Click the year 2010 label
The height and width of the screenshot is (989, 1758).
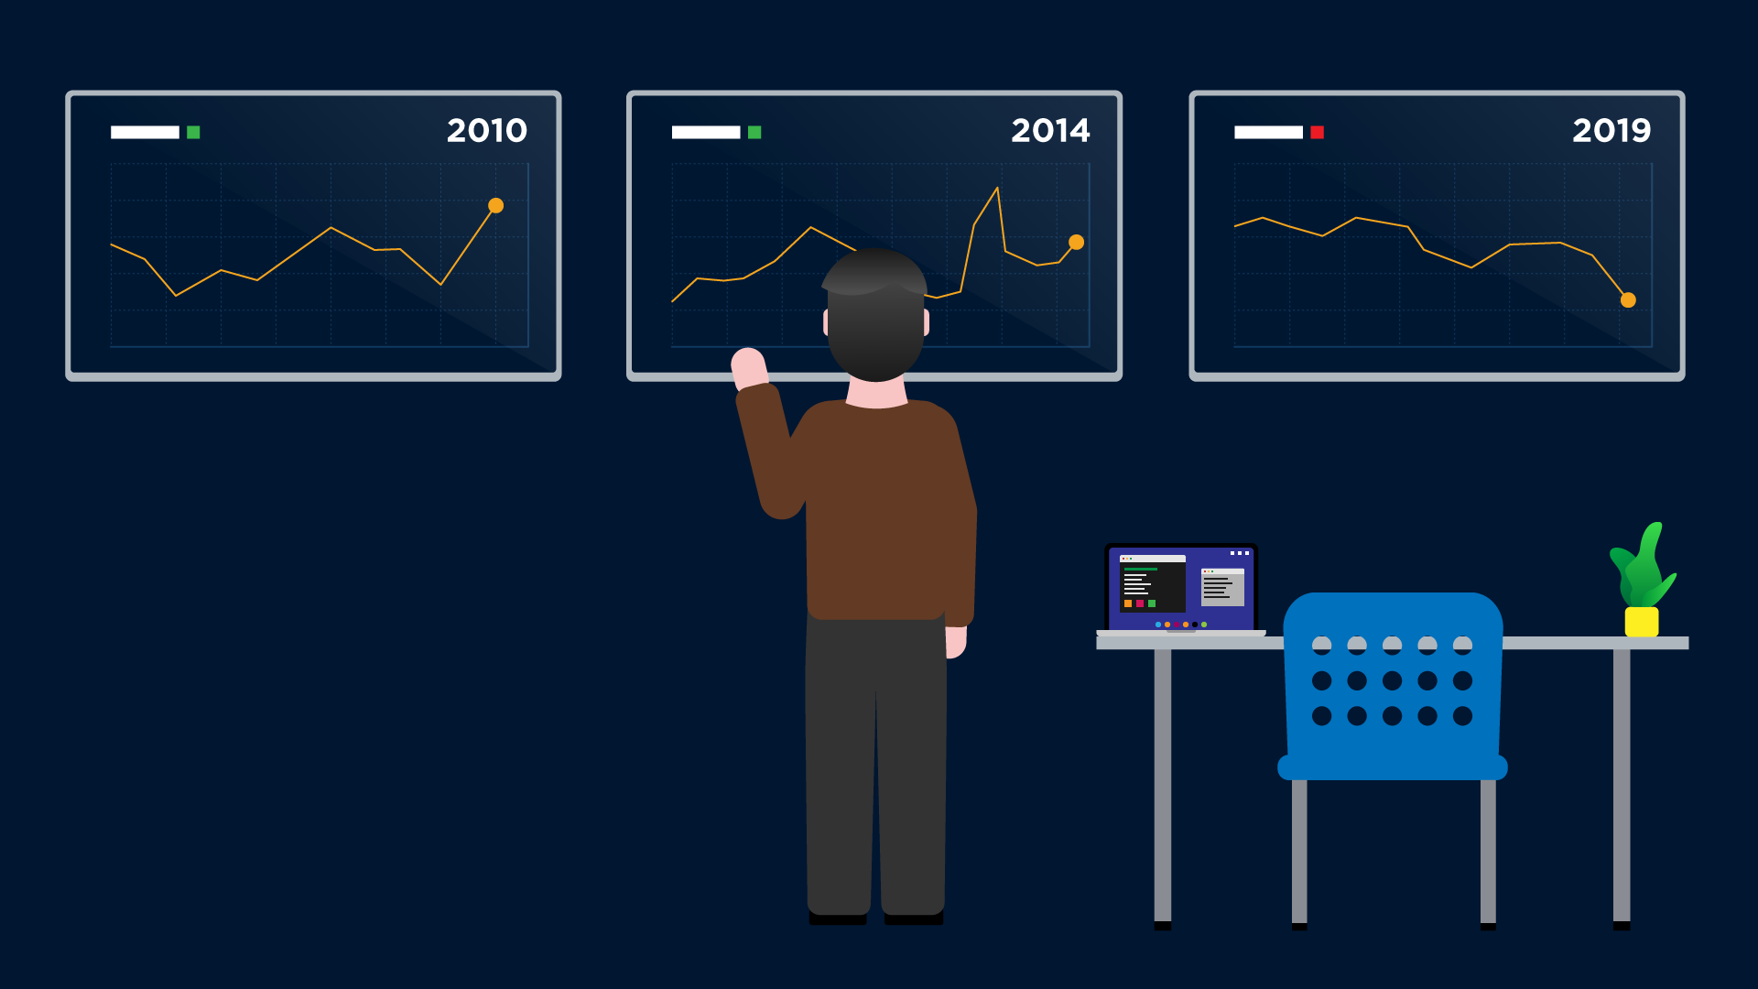pyautogui.click(x=487, y=131)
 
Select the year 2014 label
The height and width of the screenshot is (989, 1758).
pyautogui.click(x=1050, y=131)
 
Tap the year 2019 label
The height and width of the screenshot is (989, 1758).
pyautogui.click(x=1611, y=131)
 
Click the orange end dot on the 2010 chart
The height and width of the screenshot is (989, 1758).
pyautogui.click(x=495, y=205)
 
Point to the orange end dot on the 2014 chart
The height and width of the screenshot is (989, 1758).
pyautogui.click(x=1077, y=242)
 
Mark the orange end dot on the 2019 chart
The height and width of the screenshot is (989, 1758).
pyautogui.click(x=1628, y=299)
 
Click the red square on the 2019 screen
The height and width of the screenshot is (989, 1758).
pyautogui.click(x=1317, y=132)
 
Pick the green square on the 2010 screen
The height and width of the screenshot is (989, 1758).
pyautogui.click(x=193, y=132)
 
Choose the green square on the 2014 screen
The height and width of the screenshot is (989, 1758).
pyautogui.click(x=754, y=132)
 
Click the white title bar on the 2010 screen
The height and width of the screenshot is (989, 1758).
pyautogui.click(x=145, y=132)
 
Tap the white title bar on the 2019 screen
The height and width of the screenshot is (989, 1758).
pyautogui.click(x=1268, y=132)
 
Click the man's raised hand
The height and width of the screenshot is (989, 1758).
pyautogui.click(x=749, y=368)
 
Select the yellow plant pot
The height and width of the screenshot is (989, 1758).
pyautogui.click(x=1641, y=622)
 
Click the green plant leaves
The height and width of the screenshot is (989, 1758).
pyautogui.click(x=1644, y=568)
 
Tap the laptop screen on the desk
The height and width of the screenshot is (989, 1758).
pyautogui.click(x=1180, y=589)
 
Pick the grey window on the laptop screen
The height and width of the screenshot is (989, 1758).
pyautogui.click(x=1222, y=587)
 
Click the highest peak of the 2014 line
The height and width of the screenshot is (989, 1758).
pyautogui.click(x=996, y=189)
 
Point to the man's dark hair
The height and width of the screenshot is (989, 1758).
pyautogui.click(x=874, y=311)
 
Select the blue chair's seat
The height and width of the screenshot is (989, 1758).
pyautogui.click(x=1392, y=767)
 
